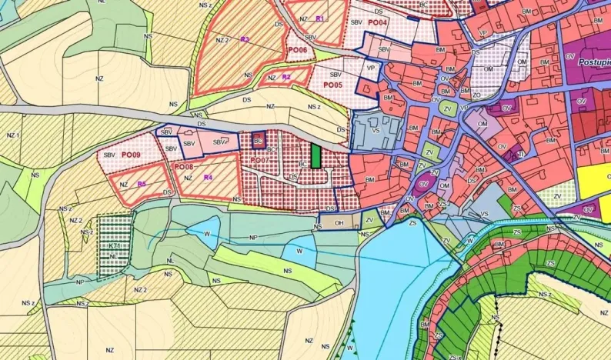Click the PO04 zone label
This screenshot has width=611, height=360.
(377, 22)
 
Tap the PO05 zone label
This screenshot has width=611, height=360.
(332, 85)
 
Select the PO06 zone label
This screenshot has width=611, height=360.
(297, 50)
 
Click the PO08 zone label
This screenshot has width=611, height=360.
(183, 166)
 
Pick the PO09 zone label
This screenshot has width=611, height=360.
(131, 155)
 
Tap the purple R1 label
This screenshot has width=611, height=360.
(319, 18)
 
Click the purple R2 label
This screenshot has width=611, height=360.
(286, 77)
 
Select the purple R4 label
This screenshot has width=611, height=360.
(208, 178)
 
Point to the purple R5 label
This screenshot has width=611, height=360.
(142, 184)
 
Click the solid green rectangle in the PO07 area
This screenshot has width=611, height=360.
(316, 156)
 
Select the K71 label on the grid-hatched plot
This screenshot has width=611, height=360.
(113, 246)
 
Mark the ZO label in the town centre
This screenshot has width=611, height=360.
(474, 95)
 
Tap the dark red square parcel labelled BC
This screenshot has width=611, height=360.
(259, 141)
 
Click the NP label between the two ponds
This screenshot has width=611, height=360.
(253, 238)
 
